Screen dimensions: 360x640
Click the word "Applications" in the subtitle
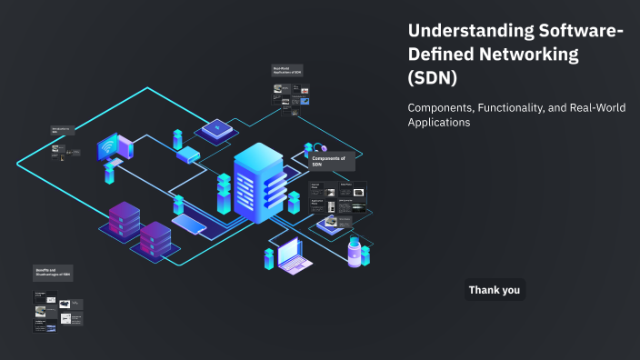click(x=439, y=122)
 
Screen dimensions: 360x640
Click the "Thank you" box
click(x=495, y=290)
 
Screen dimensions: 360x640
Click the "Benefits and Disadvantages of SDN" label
click(x=53, y=273)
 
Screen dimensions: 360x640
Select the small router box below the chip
click(x=187, y=155)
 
